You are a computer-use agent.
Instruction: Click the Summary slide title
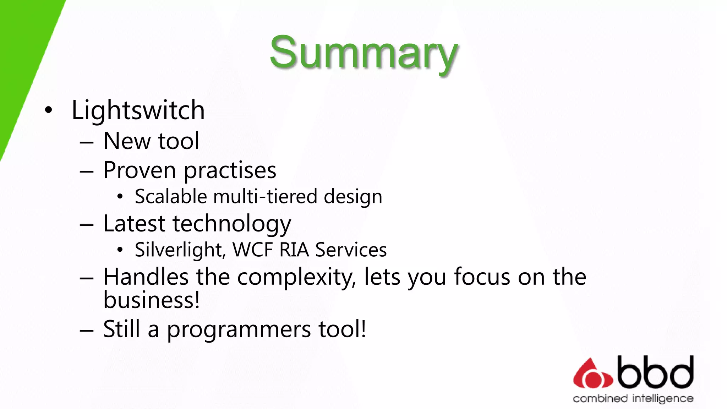(363, 53)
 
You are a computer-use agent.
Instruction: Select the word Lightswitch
(138, 110)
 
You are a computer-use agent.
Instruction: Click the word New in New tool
(127, 141)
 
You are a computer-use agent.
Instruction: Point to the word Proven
(140, 170)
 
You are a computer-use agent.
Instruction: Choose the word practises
(230, 170)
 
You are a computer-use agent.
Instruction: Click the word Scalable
(171, 197)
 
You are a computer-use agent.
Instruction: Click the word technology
(232, 224)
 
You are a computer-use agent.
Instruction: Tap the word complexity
(297, 277)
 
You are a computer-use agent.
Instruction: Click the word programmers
(239, 329)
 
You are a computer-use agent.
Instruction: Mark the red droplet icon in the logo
(592, 374)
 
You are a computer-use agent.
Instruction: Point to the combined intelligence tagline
(633, 399)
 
